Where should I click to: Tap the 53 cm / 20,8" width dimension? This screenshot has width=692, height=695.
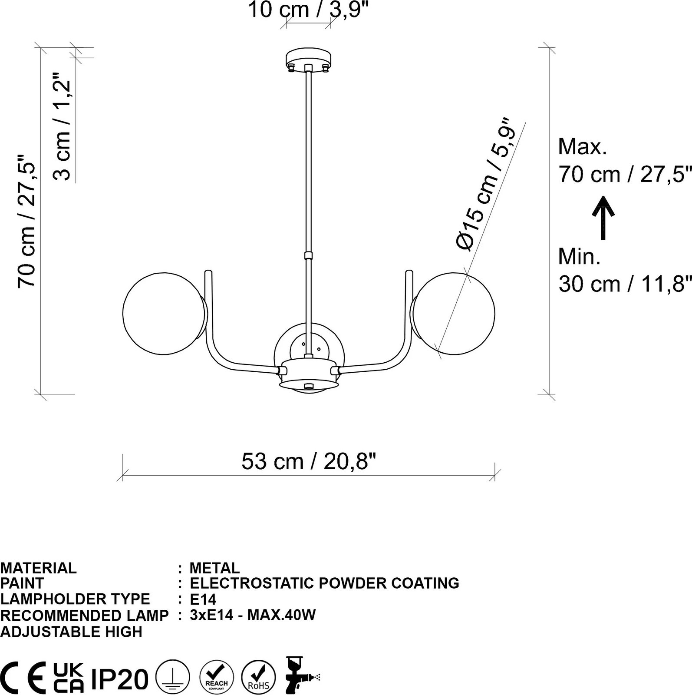(x=308, y=461)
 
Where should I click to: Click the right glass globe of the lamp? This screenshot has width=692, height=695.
(x=453, y=313)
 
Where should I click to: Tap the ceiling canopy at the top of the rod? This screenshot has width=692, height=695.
(x=308, y=60)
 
